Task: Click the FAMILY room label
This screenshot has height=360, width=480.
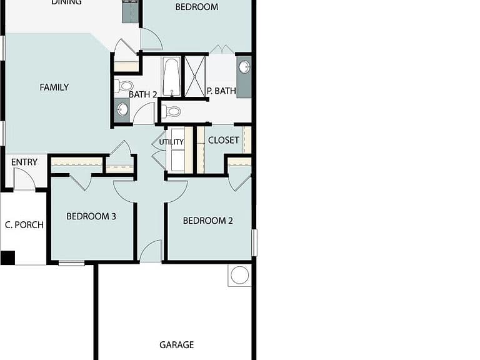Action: [x=54, y=87]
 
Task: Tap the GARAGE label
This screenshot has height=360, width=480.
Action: [x=177, y=345]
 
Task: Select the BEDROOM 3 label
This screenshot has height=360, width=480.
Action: [x=91, y=216]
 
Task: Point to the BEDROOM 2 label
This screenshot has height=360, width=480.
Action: [x=208, y=221]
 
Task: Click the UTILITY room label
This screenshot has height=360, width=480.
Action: [x=171, y=142]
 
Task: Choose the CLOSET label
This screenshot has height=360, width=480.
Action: [x=224, y=140]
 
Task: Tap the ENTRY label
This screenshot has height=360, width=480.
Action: [x=24, y=162]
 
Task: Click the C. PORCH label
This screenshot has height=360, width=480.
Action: [x=24, y=225]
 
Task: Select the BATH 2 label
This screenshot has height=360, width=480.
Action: [x=143, y=94]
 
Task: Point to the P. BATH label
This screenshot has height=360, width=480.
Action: [x=221, y=91]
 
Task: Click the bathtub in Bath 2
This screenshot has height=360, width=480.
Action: [x=171, y=76]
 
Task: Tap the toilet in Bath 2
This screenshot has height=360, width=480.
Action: [x=124, y=86]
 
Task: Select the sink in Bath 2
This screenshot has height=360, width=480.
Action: [x=122, y=109]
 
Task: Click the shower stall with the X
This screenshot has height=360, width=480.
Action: [x=195, y=76]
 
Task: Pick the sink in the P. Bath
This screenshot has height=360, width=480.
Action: [x=244, y=67]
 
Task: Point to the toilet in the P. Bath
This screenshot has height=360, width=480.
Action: [x=171, y=111]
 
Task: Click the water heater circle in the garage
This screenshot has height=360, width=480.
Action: [x=240, y=275]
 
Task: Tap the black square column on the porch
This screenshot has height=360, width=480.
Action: [x=7, y=257]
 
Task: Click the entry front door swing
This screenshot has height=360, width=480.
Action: [x=25, y=179]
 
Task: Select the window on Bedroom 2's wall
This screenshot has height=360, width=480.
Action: [x=254, y=242]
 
